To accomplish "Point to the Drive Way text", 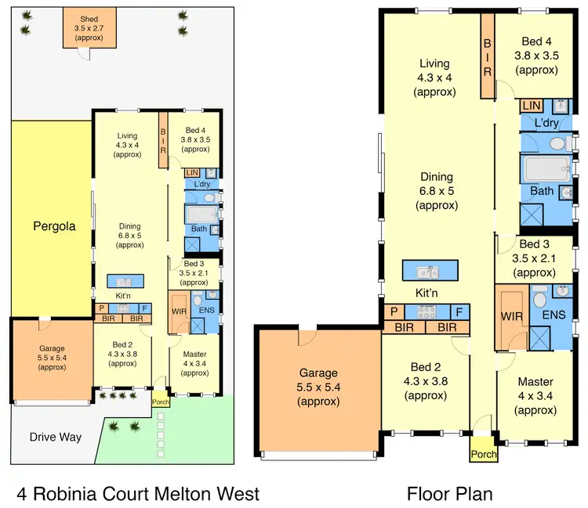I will point(56,437).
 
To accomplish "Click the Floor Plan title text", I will point(449,494).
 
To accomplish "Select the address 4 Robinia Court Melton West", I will point(138,494).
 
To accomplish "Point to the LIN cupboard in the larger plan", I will point(531,105).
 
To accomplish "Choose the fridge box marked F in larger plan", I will point(460,312).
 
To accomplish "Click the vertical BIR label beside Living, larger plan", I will point(487,57).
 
